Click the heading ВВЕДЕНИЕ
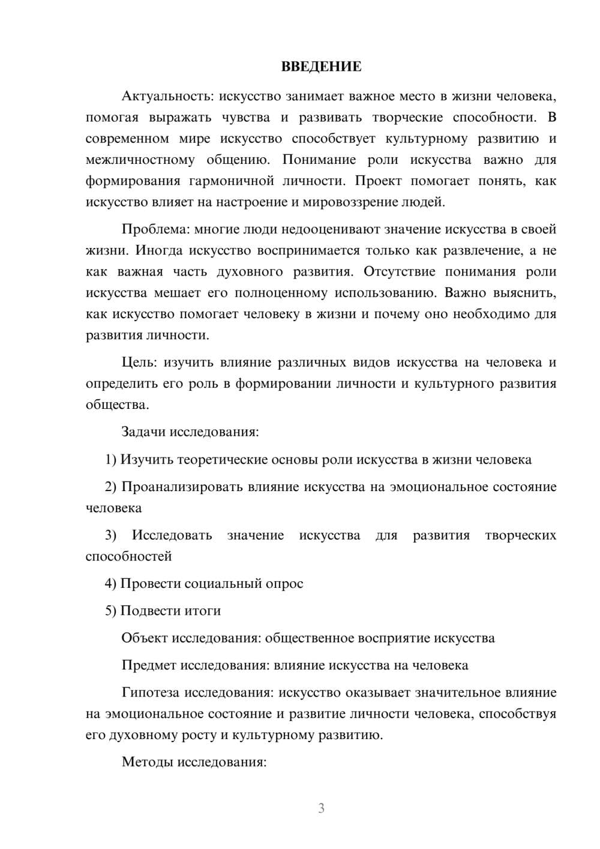click(321, 67)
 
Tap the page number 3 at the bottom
click(321, 808)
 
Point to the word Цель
click(139, 363)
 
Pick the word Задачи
click(144, 432)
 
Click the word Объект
click(145, 638)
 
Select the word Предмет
click(149, 665)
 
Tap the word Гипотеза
click(151, 692)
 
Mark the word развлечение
click(474, 250)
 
